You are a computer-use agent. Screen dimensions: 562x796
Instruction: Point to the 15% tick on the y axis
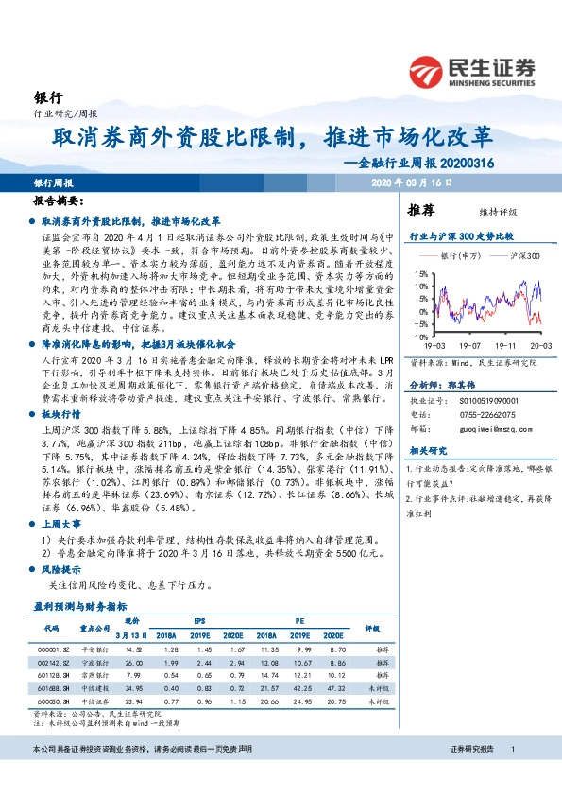(421, 274)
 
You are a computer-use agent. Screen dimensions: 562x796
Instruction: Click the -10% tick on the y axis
(420, 336)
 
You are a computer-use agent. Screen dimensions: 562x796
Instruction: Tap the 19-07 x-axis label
(470, 346)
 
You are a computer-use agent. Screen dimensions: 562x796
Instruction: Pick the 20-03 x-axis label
(539, 346)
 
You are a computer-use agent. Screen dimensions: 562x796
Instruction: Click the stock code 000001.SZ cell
(49, 650)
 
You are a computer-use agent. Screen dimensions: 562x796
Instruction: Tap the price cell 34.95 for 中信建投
(133, 689)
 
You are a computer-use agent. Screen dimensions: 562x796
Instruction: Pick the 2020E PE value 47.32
(335, 689)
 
